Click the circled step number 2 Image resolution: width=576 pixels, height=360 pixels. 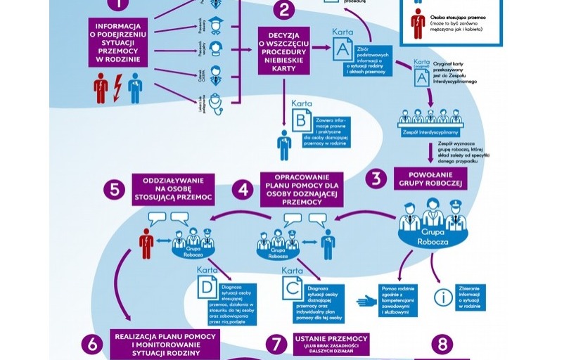click(284, 9)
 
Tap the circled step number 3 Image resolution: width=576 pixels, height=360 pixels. click(376, 178)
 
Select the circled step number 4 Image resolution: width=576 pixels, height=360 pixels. click(244, 189)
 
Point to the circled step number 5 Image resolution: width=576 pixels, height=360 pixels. click(113, 189)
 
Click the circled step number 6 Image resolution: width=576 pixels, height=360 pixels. click(92, 344)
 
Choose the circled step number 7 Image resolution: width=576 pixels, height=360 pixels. click(276, 344)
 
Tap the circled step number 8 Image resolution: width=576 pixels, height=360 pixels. click(442, 344)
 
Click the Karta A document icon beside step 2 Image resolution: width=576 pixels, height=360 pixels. click(343, 49)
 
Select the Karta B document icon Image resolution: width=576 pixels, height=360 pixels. click(302, 121)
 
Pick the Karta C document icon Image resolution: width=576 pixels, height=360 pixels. click(293, 289)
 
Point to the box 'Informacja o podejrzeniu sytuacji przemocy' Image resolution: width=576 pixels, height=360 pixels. click(118, 43)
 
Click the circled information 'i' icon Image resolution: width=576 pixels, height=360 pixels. click(443, 297)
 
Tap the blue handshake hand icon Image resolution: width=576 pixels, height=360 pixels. click(367, 300)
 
